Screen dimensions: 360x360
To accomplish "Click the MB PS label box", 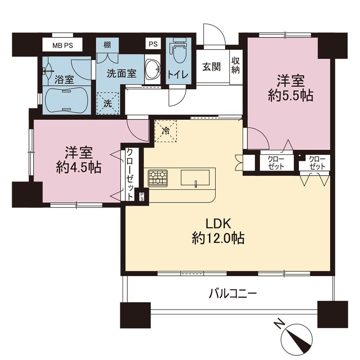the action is pyautogui.click(x=62, y=45).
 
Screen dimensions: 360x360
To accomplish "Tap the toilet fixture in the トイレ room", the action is pyautogui.click(x=179, y=52).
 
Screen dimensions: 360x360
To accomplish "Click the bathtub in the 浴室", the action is pyautogui.click(x=67, y=100).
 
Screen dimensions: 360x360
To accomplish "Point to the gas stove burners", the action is pyautogui.click(x=158, y=178).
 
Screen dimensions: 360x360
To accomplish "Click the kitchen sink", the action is pyautogui.click(x=195, y=177).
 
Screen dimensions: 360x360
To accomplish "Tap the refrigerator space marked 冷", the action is pyautogui.click(x=166, y=131).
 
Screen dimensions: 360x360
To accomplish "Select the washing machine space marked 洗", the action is pyautogui.click(x=107, y=103).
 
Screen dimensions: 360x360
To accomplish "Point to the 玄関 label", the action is pyautogui.click(x=211, y=67).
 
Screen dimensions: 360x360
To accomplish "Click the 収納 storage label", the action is pyautogui.click(x=235, y=65).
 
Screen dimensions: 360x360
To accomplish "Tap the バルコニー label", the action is pyautogui.click(x=232, y=294).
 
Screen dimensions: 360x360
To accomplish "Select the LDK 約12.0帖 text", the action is pyautogui.click(x=218, y=231).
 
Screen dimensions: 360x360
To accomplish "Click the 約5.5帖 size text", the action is pyautogui.click(x=291, y=95).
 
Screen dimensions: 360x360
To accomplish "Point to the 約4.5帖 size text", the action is pyautogui.click(x=78, y=167).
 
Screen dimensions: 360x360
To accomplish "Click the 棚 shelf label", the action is pyautogui.click(x=107, y=45).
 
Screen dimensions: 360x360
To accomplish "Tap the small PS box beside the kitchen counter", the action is pyautogui.click(x=142, y=196).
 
